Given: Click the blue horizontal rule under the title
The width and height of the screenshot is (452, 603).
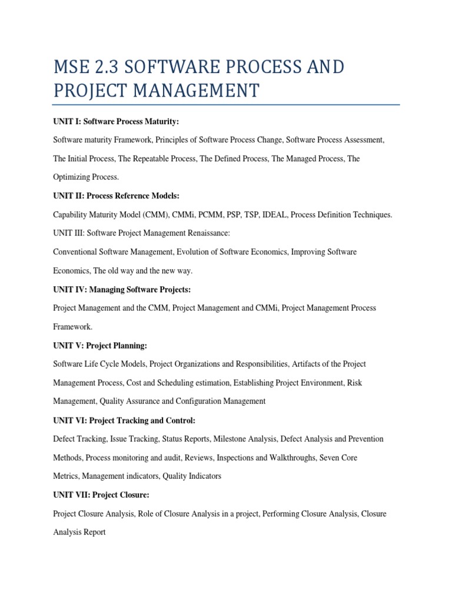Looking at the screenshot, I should point(226,105).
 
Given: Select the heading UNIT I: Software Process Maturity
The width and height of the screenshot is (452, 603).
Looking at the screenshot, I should point(116,121).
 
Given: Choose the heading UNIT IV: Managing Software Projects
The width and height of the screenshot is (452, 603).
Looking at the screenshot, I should point(122,289).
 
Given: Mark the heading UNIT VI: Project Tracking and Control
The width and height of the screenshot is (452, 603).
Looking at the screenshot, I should point(124,420).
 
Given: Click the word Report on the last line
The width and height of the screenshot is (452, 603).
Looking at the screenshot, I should point(94,532).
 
